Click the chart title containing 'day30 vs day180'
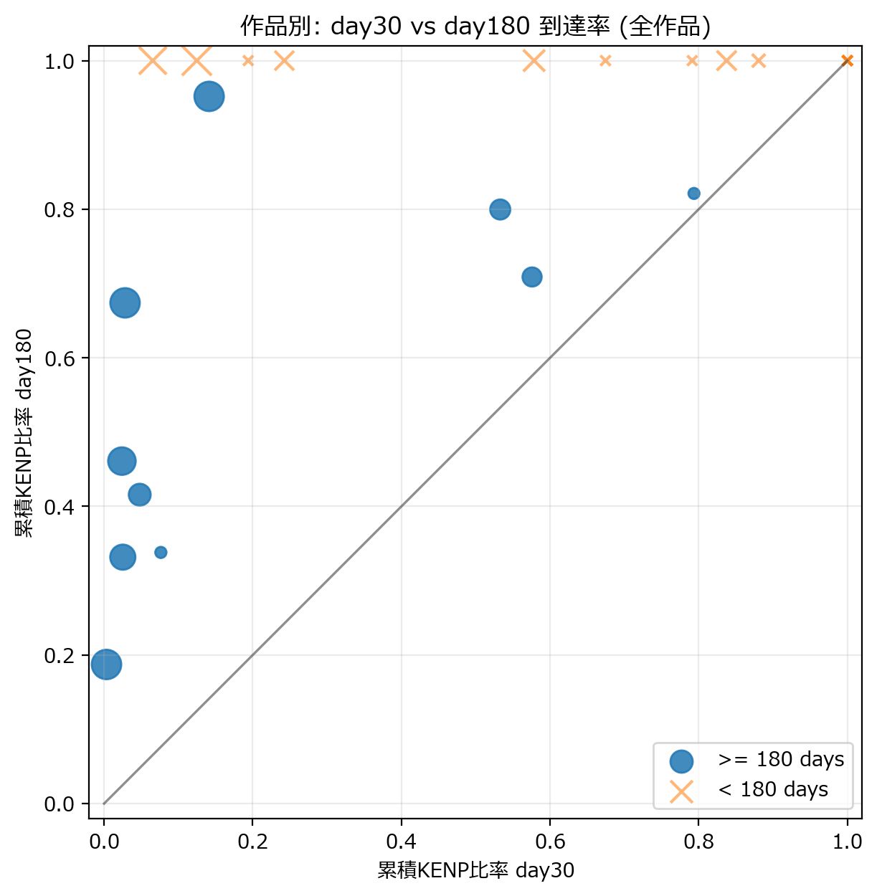pyautogui.click(x=475, y=27)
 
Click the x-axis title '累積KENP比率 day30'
pyautogui.click(x=475, y=870)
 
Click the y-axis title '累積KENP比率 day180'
pyautogui.click(x=24, y=433)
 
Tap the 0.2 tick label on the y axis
pyautogui.click(x=60, y=656)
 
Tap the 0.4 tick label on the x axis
pyautogui.click(x=401, y=841)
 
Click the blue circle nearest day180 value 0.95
pyautogui.click(x=209, y=96)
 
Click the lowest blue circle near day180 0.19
pyautogui.click(x=106, y=664)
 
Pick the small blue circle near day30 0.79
pyautogui.click(x=693, y=194)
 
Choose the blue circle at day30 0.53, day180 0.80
pyautogui.click(x=500, y=209)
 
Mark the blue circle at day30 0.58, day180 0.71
pyautogui.click(x=531, y=277)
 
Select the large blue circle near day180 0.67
pyautogui.click(x=125, y=303)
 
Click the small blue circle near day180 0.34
pyautogui.click(x=161, y=553)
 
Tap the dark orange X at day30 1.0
pyautogui.click(x=847, y=61)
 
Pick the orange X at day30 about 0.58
pyautogui.click(x=534, y=61)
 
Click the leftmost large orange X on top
pyautogui.click(x=153, y=61)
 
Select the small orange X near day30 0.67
pyautogui.click(x=605, y=61)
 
